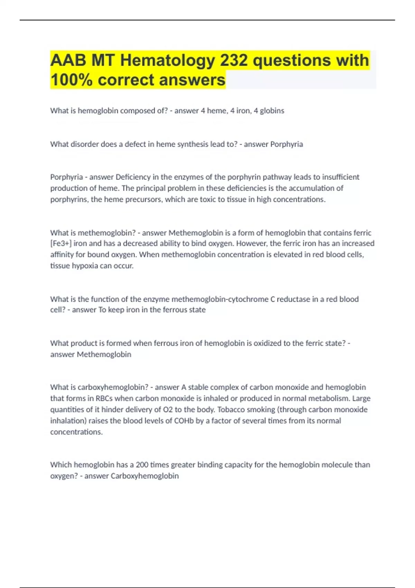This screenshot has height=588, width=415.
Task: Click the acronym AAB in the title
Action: point(68,61)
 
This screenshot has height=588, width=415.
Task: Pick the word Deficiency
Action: point(133,177)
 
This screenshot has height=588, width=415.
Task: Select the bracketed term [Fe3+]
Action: point(61,244)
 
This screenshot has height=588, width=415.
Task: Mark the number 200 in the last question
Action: point(142,465)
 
